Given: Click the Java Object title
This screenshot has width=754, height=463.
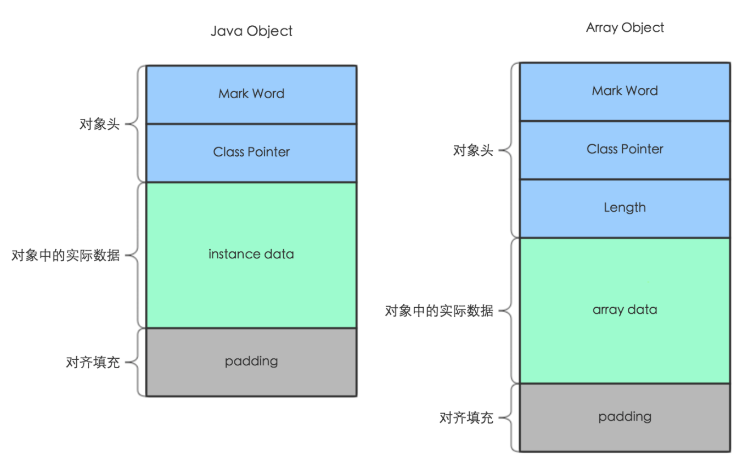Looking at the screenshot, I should tap(251, 31).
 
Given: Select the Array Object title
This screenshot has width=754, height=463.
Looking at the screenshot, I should tap(625, 28).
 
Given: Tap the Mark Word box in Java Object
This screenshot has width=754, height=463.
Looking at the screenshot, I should tap(251, 94).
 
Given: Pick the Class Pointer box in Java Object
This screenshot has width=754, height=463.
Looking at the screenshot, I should tap(251, 152).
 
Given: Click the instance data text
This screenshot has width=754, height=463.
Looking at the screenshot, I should tap(251, 255).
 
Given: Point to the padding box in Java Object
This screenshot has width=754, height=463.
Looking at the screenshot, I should tap(251, 362).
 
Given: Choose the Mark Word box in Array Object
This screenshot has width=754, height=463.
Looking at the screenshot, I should tap(624, 91).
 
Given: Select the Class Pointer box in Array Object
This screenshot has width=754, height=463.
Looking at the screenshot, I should tap(624, 149).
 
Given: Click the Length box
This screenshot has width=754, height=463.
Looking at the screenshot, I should tap(624, 208).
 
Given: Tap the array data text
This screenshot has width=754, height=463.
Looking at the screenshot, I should tap(624, 310).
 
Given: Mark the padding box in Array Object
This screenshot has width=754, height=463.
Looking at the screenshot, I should tap(624, 417).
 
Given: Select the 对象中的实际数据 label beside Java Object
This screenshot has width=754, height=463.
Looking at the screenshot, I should tap(65, 256).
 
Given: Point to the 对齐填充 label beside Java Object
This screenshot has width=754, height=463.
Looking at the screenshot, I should tap(93, 363).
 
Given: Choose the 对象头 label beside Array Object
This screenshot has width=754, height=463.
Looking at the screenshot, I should tap(473, 151).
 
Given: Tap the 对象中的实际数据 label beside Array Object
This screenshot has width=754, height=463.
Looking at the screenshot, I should tap(439, 312).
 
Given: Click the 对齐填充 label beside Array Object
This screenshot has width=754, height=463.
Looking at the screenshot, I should tap(466, 419).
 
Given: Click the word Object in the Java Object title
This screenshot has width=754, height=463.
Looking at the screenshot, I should tap(269, 31).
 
